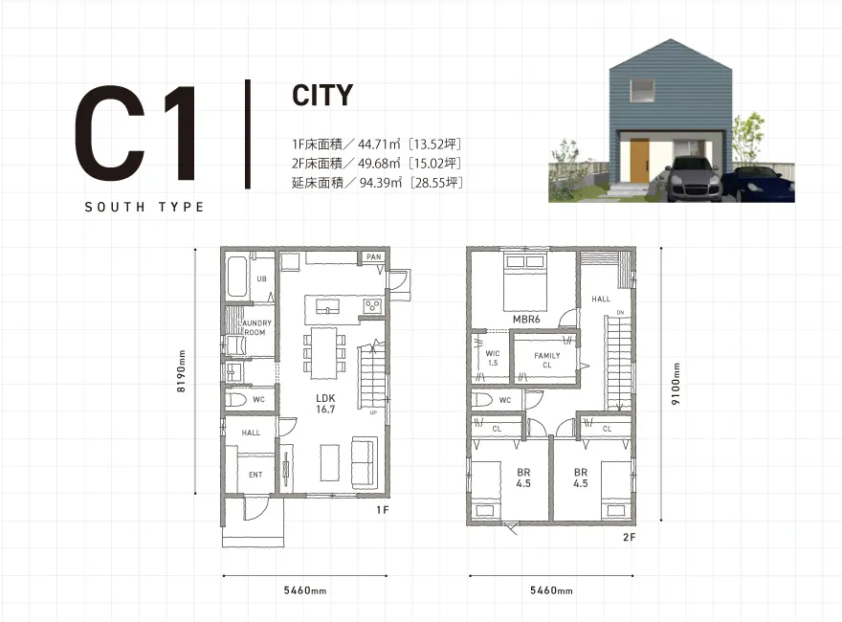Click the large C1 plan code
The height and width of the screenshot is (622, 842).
(137, 133)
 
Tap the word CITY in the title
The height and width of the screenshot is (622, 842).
(322, 96)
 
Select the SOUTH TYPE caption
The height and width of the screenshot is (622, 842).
(144, 208)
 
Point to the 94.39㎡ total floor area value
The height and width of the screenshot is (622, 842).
(380, 183)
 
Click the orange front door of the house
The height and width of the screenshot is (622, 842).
(639, 161)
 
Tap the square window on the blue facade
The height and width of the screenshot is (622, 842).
(642, 90)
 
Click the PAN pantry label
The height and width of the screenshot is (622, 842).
(374, 256)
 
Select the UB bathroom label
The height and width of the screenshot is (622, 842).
(261, 278)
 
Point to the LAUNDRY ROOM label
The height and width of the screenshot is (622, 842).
(255, 327)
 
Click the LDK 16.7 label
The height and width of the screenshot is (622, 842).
(325, 404)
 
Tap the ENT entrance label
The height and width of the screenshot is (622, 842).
(255, 475)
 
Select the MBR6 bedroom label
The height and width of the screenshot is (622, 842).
(526, 320)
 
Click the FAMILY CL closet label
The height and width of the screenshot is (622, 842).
(547, 361)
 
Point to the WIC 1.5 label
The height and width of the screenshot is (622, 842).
(493, 358)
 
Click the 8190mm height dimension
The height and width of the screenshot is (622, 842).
(181, 371)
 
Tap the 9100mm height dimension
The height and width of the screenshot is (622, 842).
(676, 384)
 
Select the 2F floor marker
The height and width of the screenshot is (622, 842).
(630, 537)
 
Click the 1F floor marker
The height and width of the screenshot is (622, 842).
(383, 510)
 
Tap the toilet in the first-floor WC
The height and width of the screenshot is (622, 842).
(235, 400)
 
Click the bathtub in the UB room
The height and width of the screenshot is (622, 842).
(237, 278)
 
